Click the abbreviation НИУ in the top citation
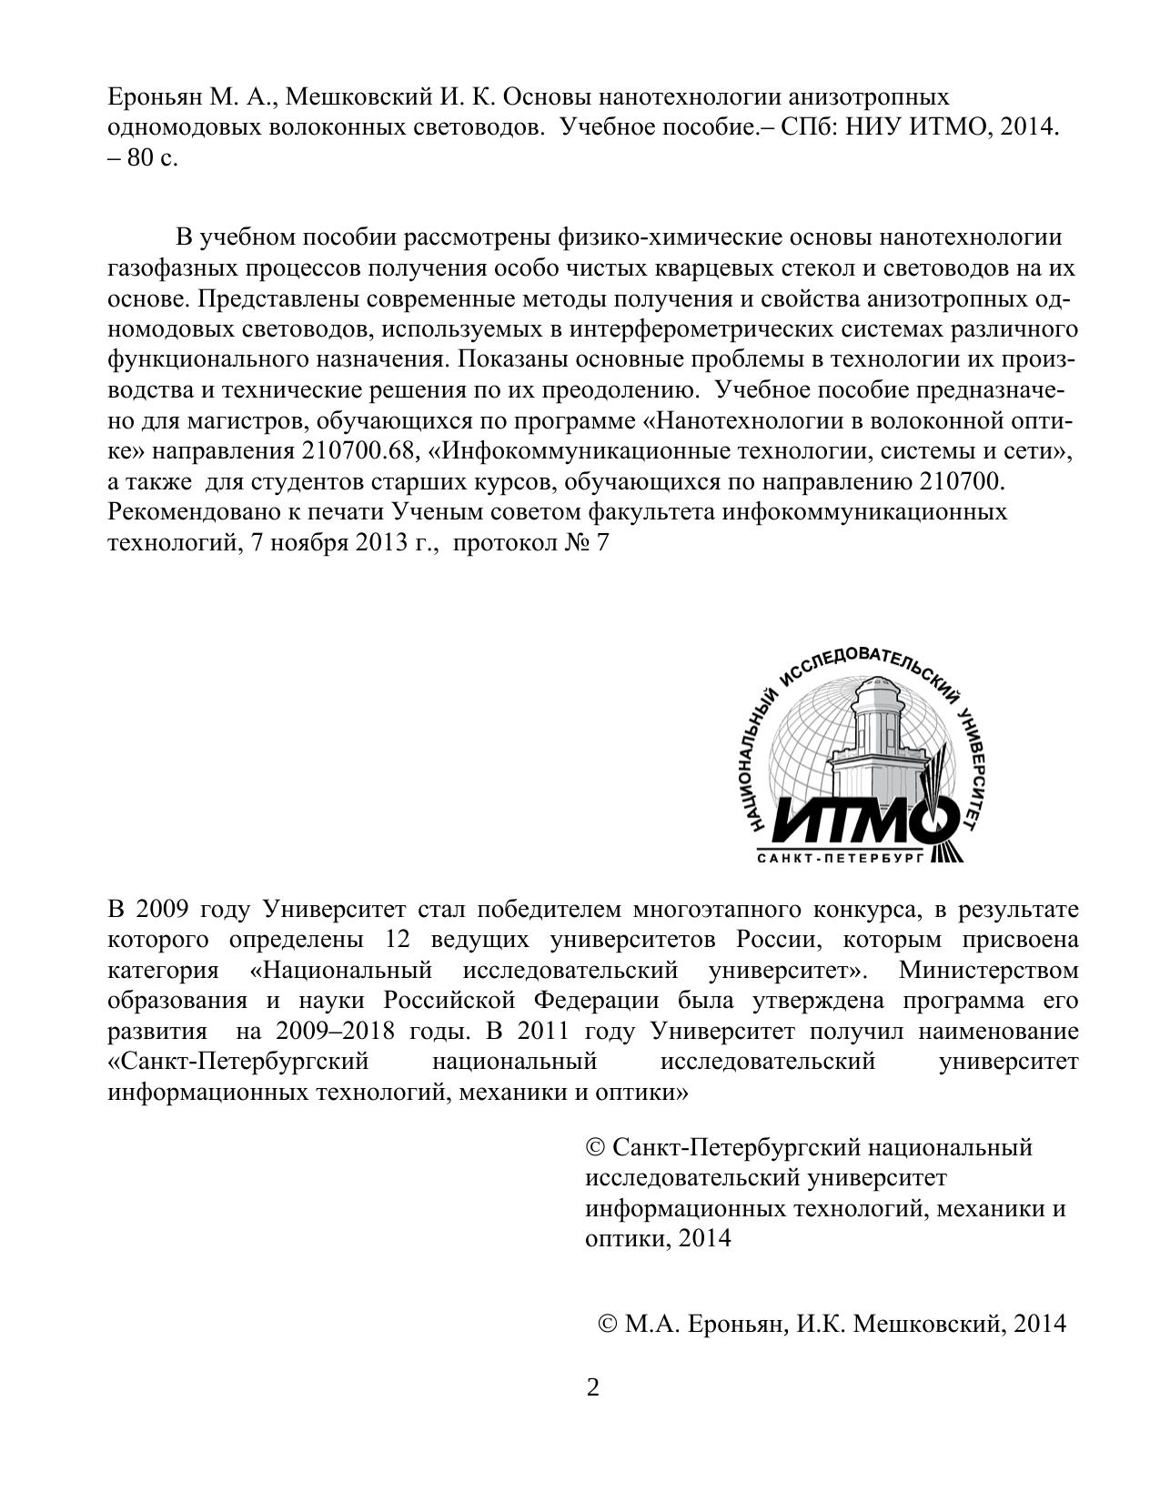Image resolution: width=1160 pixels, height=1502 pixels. coord(872,127)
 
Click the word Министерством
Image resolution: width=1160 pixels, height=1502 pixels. coord(988,970)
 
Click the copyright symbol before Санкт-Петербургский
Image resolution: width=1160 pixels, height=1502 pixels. coord(595,1148)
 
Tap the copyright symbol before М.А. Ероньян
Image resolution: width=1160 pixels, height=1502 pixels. coord(608,1324)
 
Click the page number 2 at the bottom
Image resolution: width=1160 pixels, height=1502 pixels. coord(593,1389)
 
